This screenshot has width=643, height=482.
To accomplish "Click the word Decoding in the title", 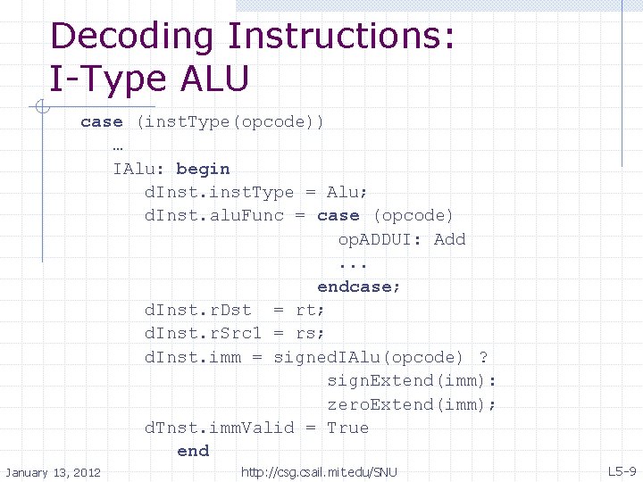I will click(x=133, y=37).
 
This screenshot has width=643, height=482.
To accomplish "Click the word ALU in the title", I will click(x=214, y=79).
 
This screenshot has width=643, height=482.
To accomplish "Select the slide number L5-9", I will click(x=622, y=471).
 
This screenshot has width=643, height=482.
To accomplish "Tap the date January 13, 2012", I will click(x=54, y=472).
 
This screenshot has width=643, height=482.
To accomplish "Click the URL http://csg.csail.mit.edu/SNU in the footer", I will click(x=320, y=472).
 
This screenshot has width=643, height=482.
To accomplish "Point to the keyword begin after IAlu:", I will click(x=203, y=169).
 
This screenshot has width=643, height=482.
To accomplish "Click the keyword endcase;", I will click(x=359, y=287).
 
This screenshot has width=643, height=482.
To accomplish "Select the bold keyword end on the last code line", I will click(x=193, y=451).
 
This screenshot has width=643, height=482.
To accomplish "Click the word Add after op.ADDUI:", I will click(x=449, y=239).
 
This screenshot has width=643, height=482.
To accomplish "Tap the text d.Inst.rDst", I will click(x=198, y=310).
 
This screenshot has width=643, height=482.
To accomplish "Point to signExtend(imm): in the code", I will click(x=412, y=380).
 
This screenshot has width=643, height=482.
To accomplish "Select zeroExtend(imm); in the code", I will click(x=412, y=404).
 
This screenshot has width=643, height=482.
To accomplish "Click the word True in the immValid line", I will click(x=347, y=428).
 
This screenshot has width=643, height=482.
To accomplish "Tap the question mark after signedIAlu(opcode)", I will click(x=483, y=357).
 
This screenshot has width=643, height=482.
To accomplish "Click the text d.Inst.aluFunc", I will click(x=214, y=215).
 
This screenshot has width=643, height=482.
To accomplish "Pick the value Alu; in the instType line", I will click(x=347, y=192).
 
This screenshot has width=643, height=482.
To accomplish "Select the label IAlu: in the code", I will click(x=139, y=169).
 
